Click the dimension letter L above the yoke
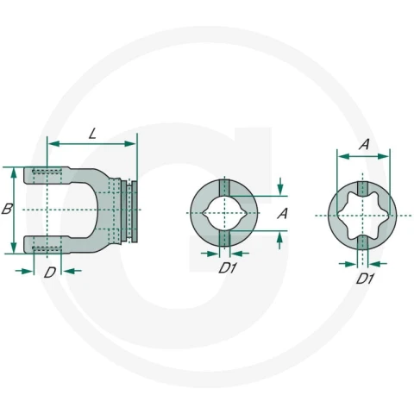coord(92,134)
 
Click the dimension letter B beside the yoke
coord(7,209)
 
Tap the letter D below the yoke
coord(50,273)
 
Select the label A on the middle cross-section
coord(282,214)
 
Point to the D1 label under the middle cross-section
coord(228,268)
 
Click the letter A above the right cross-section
coord(364,144)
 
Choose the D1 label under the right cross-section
coord(365,279)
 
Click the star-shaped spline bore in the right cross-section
coord(362,216)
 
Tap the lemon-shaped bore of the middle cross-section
coord(224,213)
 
